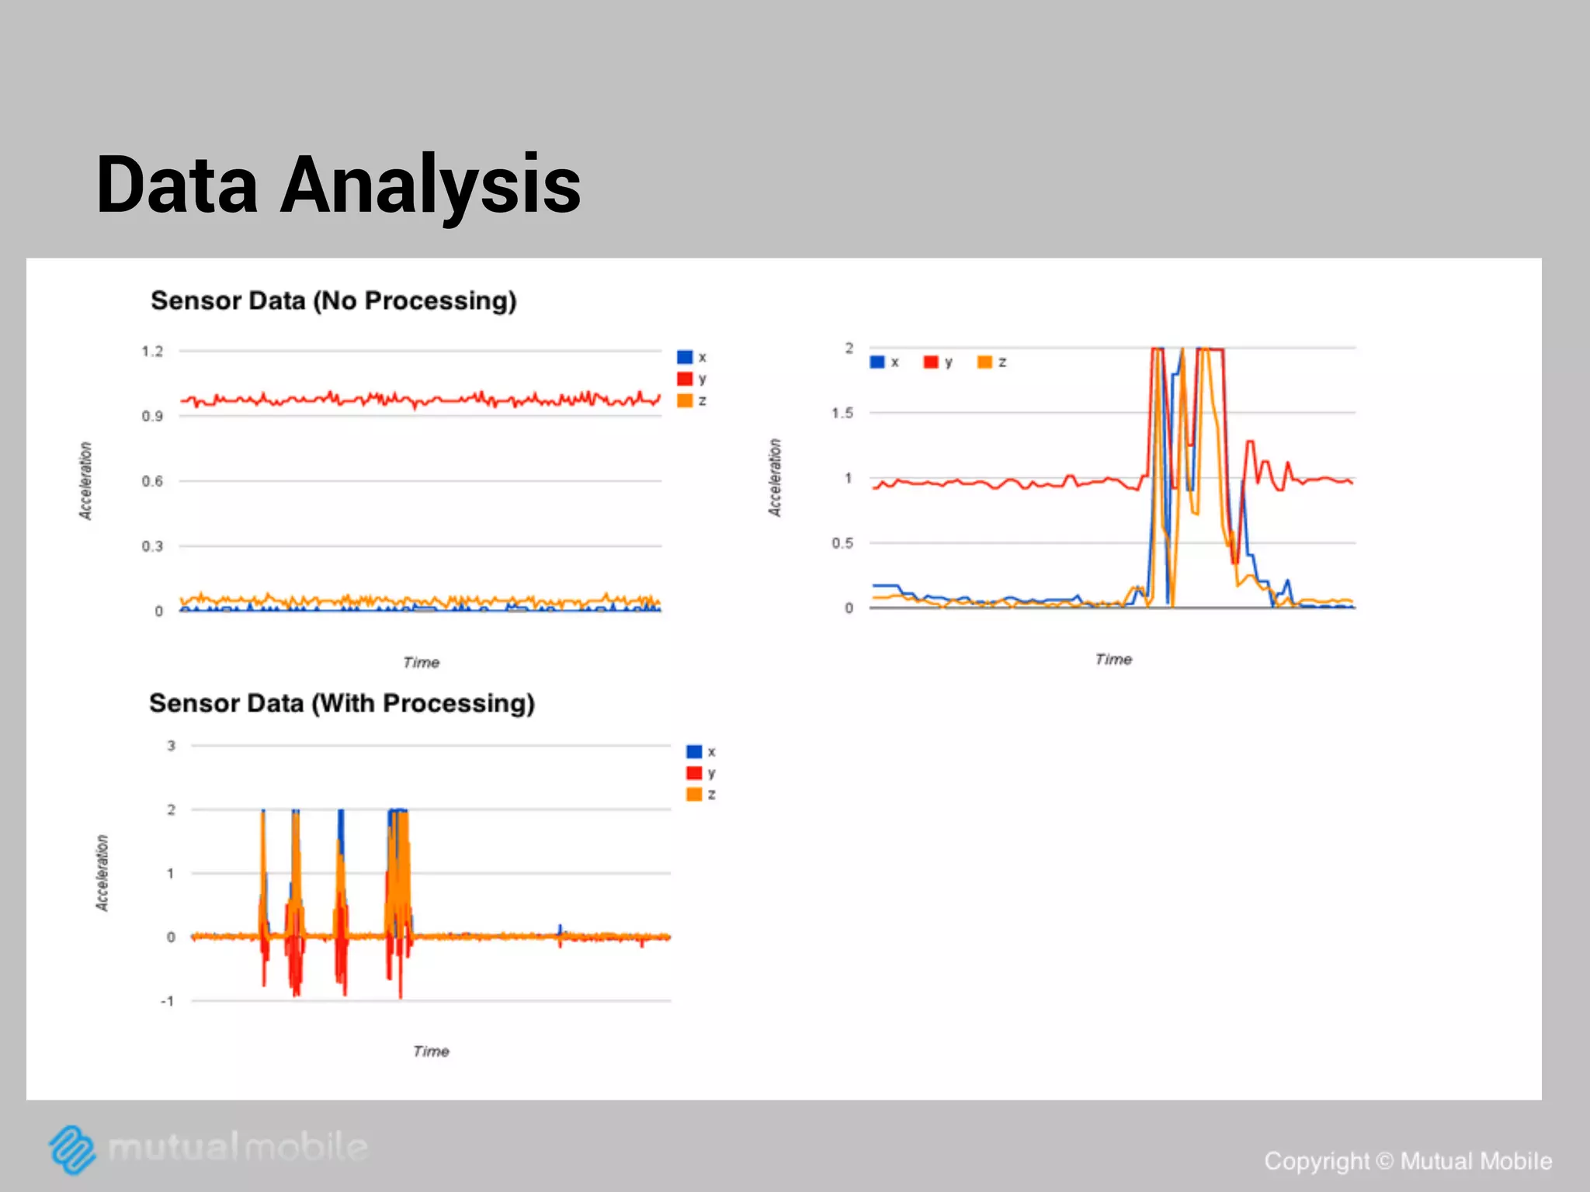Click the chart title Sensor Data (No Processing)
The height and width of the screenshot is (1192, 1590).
pos(333,300)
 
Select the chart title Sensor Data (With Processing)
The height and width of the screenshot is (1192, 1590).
pos(342,703)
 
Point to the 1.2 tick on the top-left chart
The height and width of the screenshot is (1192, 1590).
pos(152,352)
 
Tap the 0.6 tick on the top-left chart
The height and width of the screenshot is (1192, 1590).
pos(152,481)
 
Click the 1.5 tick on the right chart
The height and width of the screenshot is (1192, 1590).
pos(842,413)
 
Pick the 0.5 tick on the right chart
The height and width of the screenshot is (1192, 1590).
pos(842,543)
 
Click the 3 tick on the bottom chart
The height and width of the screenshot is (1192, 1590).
pos(171,746)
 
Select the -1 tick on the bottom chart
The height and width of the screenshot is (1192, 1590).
pos(167,1001)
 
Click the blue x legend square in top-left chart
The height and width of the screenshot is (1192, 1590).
pos(684,357)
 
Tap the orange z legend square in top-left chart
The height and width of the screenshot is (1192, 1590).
pos(684,400)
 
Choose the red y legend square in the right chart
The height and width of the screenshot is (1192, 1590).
pos(931,362)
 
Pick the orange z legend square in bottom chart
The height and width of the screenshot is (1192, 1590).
pos(694,795)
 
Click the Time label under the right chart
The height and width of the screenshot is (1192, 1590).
pos(1113,660)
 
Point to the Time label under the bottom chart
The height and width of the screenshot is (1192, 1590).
pos(431,1052)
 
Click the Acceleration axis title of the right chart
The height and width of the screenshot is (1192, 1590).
pos(775,477)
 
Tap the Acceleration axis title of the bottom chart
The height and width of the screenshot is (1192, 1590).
pos(102,873)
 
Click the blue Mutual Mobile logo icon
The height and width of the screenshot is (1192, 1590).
pos(72,1149)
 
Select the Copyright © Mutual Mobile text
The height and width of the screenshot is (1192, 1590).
pos(1408,1161)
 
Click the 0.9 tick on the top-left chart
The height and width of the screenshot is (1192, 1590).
pos(152,417)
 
